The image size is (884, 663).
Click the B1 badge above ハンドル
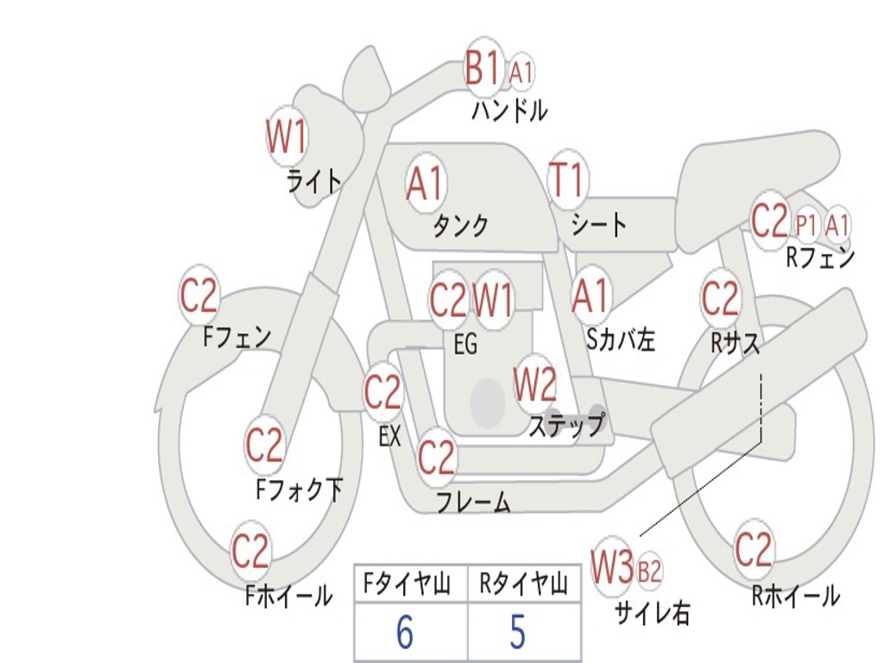tap(483, 68)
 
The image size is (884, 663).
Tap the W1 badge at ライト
tap(287, 137)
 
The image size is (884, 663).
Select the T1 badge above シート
tap(567, 180)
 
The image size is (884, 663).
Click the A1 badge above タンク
tap(425, 183)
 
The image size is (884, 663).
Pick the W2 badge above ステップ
tap(535, 385)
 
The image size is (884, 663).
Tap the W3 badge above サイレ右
tap(612, 567)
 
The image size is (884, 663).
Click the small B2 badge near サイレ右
tap(649, 571)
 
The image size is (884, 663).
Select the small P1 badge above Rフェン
tap(806, 224)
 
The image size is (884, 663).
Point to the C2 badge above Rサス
tap(721, 299)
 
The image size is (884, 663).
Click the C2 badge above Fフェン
tap(199, 297)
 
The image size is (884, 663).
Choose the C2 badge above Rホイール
tap(754, 549)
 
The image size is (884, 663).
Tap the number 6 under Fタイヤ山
tap(405, 634)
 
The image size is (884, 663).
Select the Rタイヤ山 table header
tap(523, 585)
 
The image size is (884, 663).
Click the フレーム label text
tap(473, 502)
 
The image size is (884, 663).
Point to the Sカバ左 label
tap(621, 340)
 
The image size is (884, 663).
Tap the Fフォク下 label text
tap(299, 490)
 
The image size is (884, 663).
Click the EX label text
tap(390, 437)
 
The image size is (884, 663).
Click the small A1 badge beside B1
tap(521, 73)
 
